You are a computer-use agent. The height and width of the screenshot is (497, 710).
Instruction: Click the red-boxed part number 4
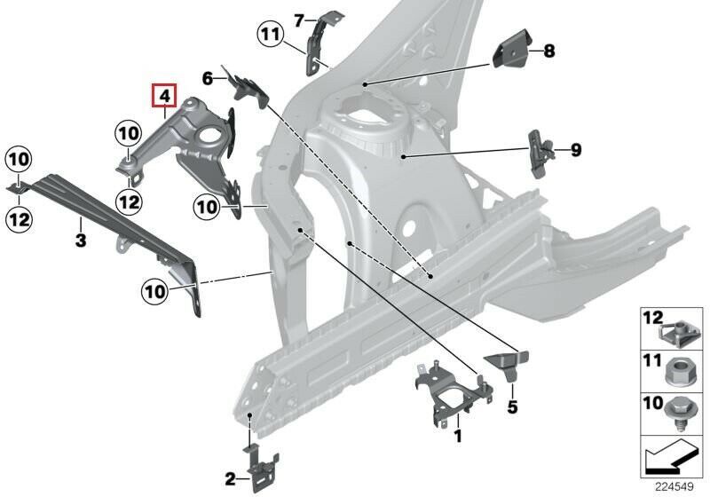click(x=164, y=96)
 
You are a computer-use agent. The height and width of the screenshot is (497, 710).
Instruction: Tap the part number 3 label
click(x=81, y=240)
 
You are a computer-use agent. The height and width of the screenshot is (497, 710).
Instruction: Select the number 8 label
click(x=549, y=51)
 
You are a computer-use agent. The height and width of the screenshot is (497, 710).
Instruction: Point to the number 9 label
click(x=575, y=150)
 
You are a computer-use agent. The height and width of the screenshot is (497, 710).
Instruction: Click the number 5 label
click(x=512, y=406)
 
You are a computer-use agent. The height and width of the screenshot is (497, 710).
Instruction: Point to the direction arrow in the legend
click(x=669, y=457)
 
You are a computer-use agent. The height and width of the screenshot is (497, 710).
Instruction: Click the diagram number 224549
click(x=674, y=486)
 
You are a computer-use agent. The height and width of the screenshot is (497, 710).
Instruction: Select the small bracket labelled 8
click(x=511, y=49)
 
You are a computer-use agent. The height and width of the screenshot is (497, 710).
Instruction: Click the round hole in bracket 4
click(x=210, y=136)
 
